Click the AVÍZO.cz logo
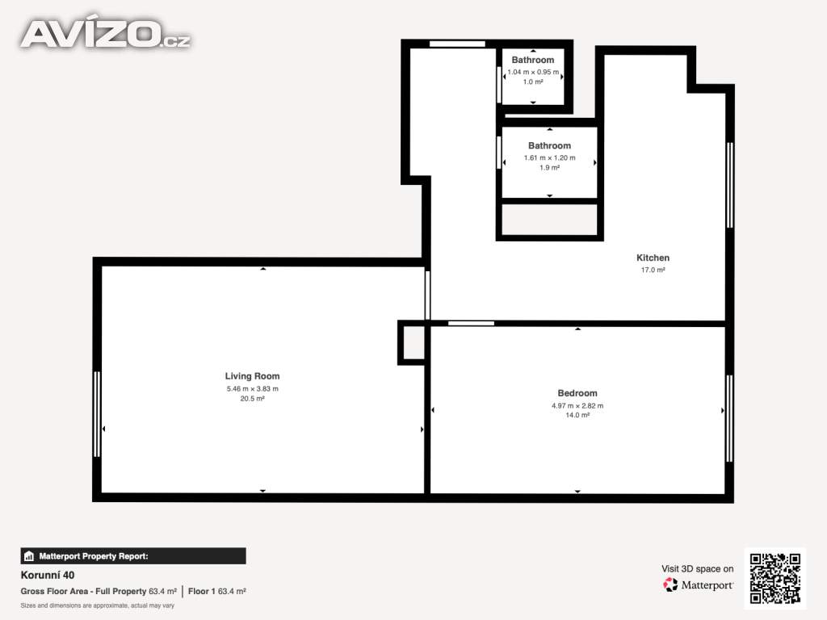[x=106, y=34]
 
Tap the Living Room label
[x=252, y=376]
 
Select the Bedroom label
[x=577, y=393]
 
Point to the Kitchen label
[x=653, y=258]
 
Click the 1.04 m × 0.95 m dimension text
[x=533, y=72]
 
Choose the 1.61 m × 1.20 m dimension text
[x=549, y=157]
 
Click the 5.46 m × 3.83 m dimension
[x=252, y=388]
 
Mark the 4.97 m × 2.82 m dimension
[x=577, y=405]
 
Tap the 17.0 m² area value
[x=653, y=270]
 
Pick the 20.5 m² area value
[x=252, y=399]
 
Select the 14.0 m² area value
[x=577, y=416]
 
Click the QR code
[x=775, y=578]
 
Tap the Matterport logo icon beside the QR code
[x=670, y=584]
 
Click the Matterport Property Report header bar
[x=133, y=556]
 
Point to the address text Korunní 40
[x=48, y=575]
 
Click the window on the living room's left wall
[x=97, y=414]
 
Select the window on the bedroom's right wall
[x=729, y=419]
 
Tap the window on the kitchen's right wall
[x=730, y=185]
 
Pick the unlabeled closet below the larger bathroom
[x=549, y=220]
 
